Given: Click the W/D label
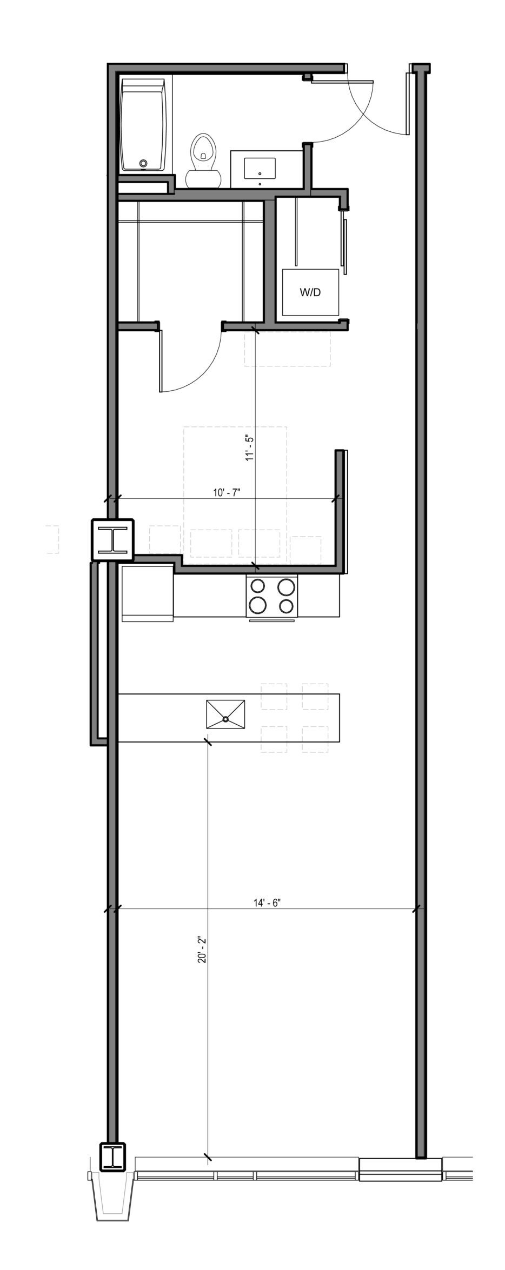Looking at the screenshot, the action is click(310, 292).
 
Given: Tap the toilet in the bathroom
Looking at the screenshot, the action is click(203, 161).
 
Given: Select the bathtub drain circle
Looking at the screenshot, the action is click(143, 163).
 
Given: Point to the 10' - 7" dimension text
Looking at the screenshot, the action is click(226, 492).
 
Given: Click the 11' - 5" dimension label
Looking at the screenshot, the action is click(249, 447).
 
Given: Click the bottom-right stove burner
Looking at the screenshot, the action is click(287, 606).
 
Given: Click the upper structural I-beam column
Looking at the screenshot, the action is click(112, 539).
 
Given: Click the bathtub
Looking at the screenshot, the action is click(142, 125).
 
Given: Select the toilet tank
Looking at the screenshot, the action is click(203, 179).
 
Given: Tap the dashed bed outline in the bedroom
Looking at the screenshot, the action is click(235, 492).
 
